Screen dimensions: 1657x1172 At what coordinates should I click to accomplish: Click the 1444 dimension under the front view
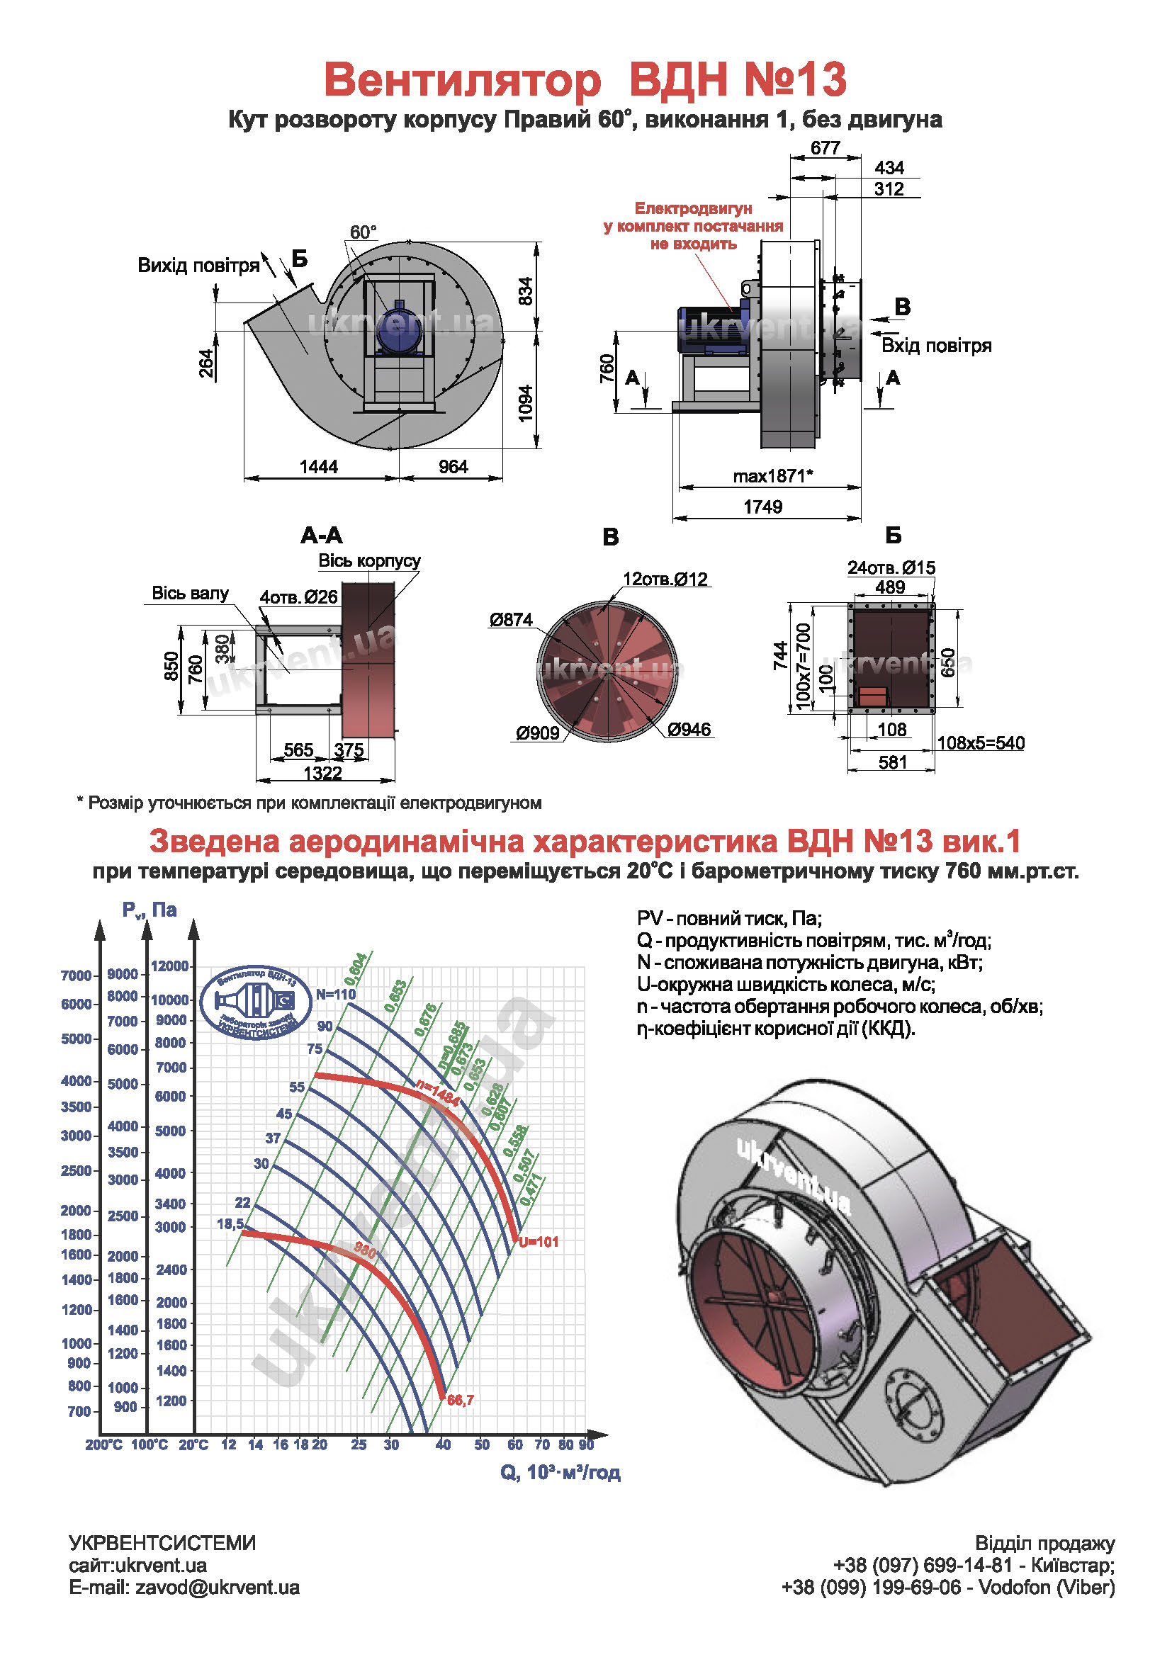point(318,467)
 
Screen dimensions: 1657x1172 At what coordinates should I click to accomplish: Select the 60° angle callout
point(363,232)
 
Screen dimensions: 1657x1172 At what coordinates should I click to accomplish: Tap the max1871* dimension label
point(772,476)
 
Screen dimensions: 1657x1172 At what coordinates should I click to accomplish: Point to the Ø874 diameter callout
point(510,620)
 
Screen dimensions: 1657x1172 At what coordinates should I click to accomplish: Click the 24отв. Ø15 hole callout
point(891,568)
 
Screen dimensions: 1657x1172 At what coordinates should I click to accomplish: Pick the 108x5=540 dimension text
point(980,743)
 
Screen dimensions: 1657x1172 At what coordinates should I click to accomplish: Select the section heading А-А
point(321,536)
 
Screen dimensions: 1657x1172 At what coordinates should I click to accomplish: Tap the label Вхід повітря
point(936,346)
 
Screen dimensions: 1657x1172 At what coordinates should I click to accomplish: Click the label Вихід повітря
point(198,266)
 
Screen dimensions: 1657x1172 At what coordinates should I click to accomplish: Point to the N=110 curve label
point(336,994)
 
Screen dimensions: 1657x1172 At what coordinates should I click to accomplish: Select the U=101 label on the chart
point(539,1242)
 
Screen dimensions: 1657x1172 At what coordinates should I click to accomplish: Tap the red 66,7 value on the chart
point(461,1400)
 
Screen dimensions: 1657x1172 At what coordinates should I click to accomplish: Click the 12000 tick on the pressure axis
point(169,966)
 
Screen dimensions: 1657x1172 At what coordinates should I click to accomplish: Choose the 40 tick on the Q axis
point(442,1444)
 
